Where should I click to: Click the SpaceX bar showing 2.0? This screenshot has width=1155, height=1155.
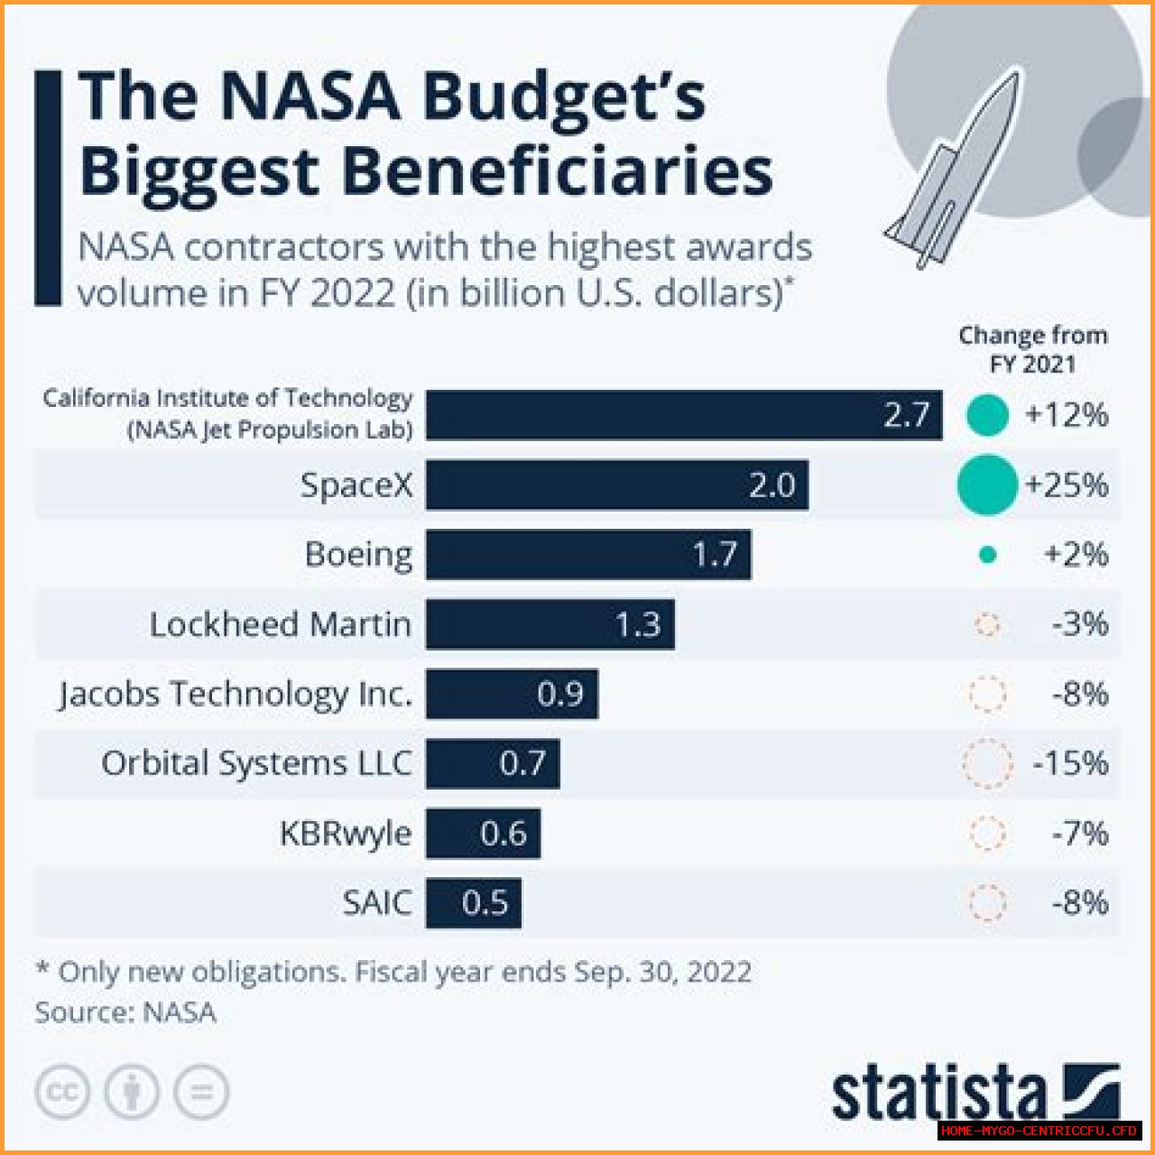(x=617, y=485)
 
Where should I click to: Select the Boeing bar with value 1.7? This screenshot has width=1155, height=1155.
(x=588, y=554)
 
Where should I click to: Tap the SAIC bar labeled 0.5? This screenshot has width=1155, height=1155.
(x=474, y=902)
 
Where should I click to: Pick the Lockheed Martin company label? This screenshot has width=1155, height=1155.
(x=280, y=624)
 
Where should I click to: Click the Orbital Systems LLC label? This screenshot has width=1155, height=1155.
(x=256, y=763)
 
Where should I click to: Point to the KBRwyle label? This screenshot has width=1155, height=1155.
(x=346, y=833)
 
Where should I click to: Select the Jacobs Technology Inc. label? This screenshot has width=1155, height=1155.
(x=236, y=694)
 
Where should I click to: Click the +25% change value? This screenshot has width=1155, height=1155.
(x=1066, y=485)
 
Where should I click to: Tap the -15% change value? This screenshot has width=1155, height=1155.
(x=1070, y=763)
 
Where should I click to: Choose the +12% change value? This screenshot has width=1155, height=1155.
(x=1066, y=415)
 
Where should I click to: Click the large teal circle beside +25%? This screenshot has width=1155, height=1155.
(x=987, y=485)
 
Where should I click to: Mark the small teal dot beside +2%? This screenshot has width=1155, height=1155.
(x=988, y=555)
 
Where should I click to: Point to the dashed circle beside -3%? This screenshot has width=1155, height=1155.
(x=988, y=624)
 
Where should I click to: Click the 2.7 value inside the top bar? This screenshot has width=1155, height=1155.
(x=906, y=415)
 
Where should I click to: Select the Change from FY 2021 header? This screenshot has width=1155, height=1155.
(x=1032, y=349)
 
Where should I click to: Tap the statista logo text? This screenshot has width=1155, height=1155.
(x=938, y=1095)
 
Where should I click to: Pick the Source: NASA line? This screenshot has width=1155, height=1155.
(x=125, y=1012)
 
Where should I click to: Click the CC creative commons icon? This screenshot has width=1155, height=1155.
(x=62, y=1093)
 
